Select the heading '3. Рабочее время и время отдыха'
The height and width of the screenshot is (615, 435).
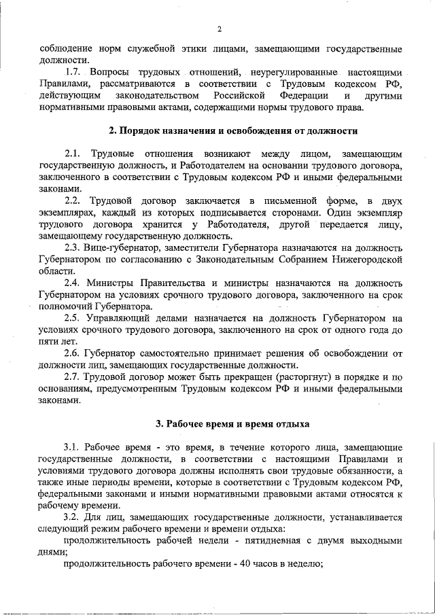point(232,424)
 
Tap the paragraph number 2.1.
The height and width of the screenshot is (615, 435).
point(73,154)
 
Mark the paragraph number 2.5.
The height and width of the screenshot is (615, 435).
point(73,318)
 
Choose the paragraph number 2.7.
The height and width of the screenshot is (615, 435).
point(73,377)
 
